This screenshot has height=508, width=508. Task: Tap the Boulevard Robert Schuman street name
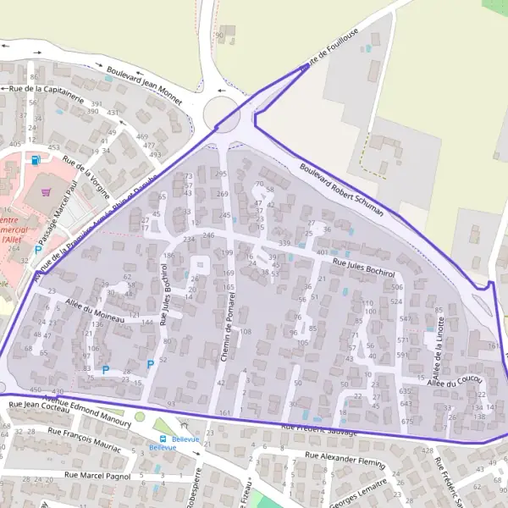(341, 189)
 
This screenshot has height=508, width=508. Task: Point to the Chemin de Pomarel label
(229, 320)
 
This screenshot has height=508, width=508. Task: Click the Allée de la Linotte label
(439, 343)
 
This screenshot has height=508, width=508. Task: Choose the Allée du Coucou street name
(455, 382)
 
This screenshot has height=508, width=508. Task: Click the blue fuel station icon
(35, 159)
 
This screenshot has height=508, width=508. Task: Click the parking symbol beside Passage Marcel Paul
(37, 250)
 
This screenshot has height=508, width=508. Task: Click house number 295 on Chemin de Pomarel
(222, 174)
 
